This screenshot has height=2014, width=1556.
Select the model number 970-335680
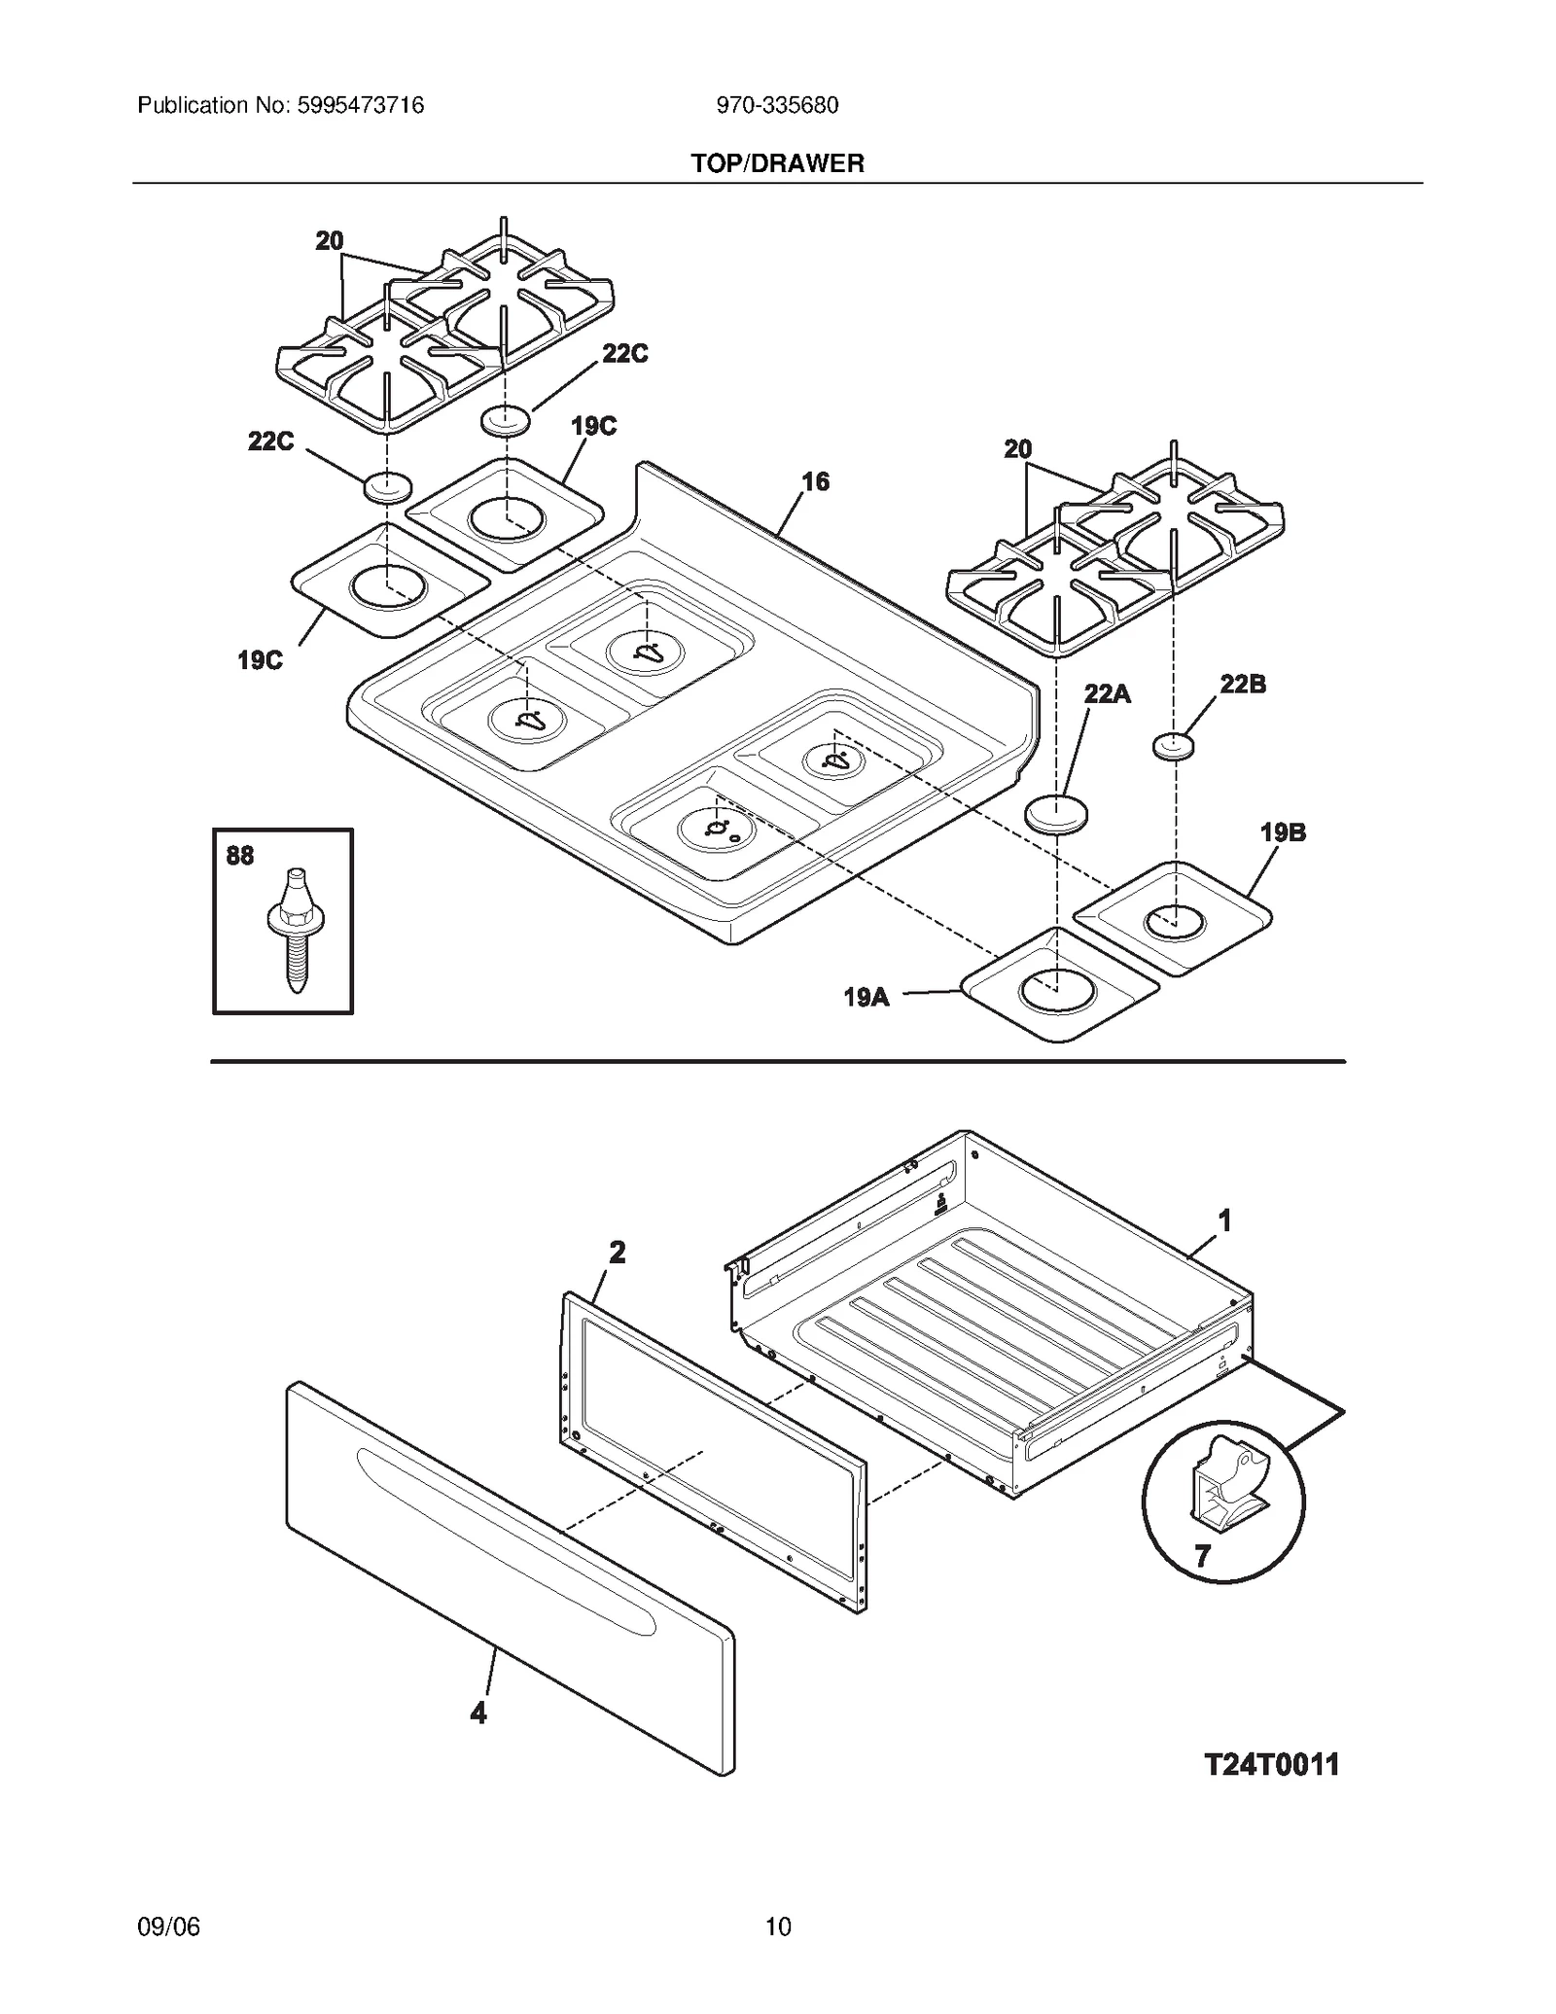coord(777,105)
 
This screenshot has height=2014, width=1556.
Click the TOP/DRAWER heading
coord(777,163)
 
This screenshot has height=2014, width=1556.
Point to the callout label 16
coord(815,481)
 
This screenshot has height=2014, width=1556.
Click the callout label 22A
coord(1107,693)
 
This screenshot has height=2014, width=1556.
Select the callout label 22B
coord(1243,684)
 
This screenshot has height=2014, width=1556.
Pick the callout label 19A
coord(866,997)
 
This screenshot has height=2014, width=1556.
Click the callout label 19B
coord(1283,832)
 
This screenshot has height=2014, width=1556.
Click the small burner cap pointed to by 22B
coord(1174,746)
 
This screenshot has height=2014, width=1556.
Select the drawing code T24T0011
coord(1271,1764)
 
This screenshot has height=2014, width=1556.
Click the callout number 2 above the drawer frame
coord(617,1253)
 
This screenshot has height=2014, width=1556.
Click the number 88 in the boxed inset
coord(239,856)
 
